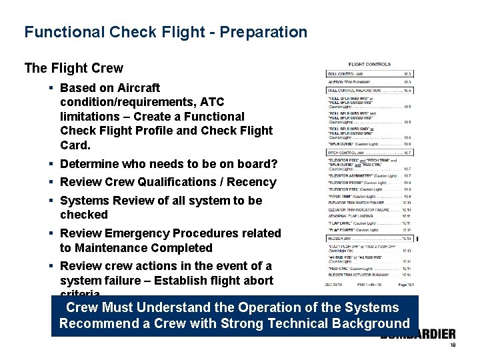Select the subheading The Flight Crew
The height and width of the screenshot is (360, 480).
click(73, 68)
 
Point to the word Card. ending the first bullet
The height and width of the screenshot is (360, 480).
click(75, 145)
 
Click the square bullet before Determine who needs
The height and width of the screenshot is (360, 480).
click(51, 164)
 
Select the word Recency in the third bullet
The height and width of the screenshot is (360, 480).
click(252, 182)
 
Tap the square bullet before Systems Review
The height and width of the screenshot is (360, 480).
click(51, 201)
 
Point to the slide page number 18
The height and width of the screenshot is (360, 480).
click(452, 345)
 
